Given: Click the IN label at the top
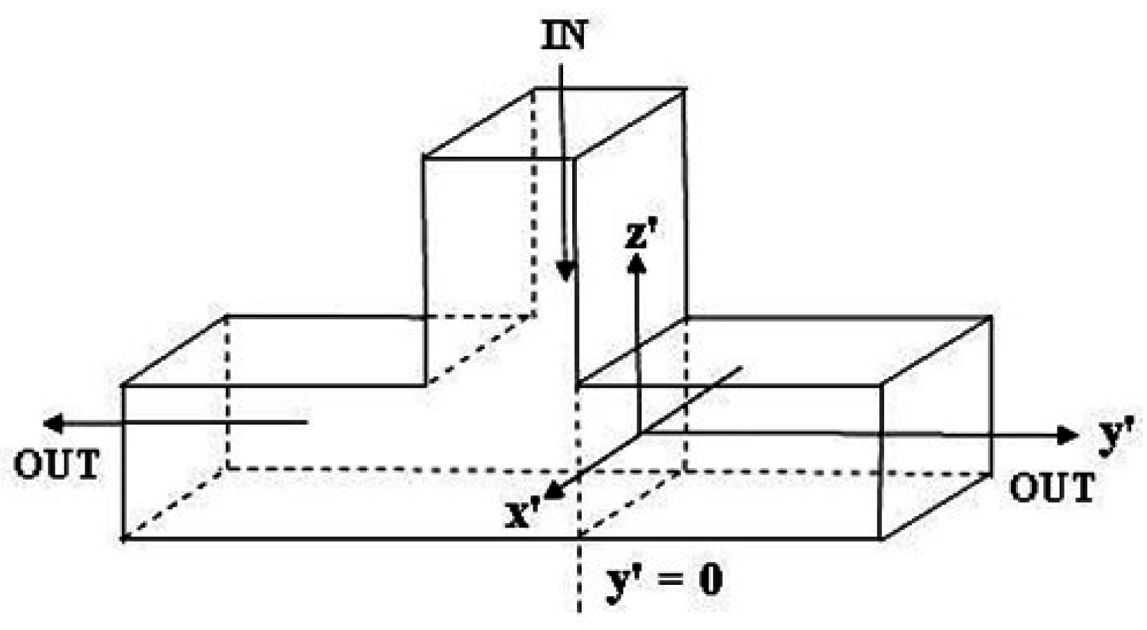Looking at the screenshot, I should (563, 37).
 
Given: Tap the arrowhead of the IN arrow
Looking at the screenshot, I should (567, 271).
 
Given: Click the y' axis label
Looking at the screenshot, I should (1116, 436).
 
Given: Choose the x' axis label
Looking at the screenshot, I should (522, 513).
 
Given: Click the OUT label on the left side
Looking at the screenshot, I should (56, 465).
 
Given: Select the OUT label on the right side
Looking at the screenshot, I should (1051, 488).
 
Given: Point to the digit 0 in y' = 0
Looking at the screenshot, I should (709, 579).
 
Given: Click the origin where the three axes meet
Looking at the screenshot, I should (639, 432).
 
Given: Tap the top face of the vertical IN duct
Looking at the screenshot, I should (555, 123).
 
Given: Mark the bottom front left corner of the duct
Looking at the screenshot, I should (123, 538).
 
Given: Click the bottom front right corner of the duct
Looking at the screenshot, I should (881, 538).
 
